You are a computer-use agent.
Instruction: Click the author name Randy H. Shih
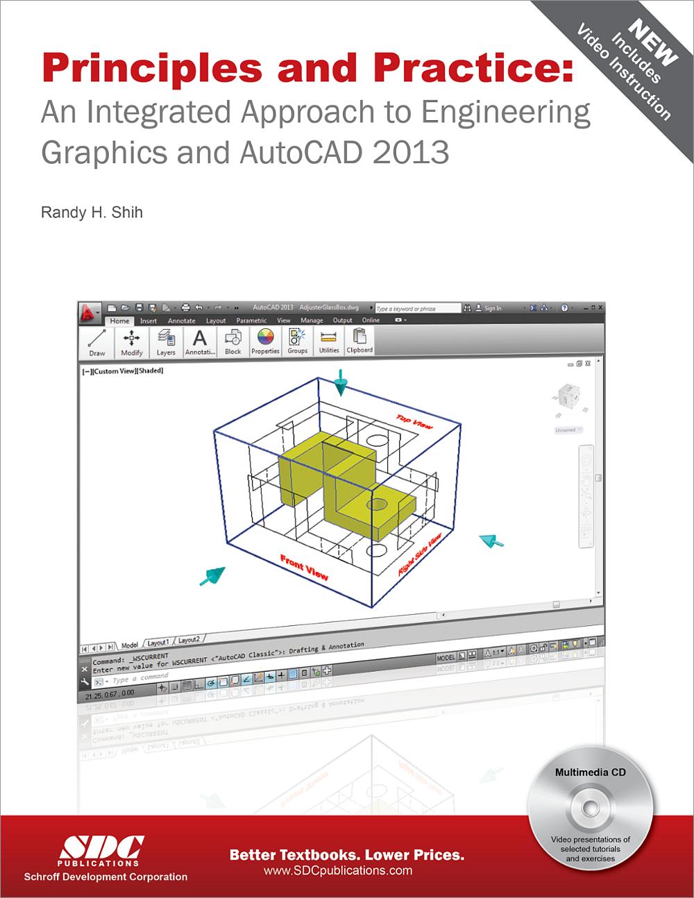tap(92, 212)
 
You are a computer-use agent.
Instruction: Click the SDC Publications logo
tap(102, 849)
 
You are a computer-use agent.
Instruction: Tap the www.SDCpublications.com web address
tap(338, 870)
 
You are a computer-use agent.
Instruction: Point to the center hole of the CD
tap(591, 808)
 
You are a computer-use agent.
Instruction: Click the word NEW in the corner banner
tap(652, 43)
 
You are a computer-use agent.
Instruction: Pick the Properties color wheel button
tap(265, 342)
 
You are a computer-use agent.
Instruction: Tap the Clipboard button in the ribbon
tap(359, 341)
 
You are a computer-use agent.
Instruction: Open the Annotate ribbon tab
tap(181, 321)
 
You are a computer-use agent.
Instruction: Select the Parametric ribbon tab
tap(251, 321)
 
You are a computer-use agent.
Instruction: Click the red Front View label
tap(304, 567)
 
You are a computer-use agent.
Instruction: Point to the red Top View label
tap(414, 421)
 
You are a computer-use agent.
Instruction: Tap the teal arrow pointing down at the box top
tap(340, 382)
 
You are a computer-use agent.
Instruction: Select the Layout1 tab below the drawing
tap(158, 642)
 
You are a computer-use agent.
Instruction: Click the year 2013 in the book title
tap(411, 152)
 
